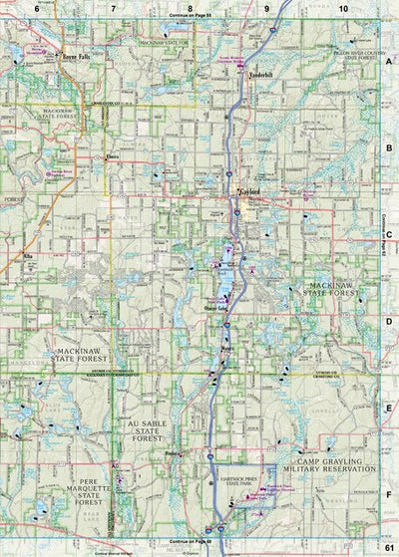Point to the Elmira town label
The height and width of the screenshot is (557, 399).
pyautogui.click(x=113, y=157)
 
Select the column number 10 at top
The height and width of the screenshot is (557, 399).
pyautogui.click(x=343, y=8)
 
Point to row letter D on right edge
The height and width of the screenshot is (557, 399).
pyautogui.click(x=389, y=322)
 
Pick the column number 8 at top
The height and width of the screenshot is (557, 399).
pyautogui.click(x=190, y=8)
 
